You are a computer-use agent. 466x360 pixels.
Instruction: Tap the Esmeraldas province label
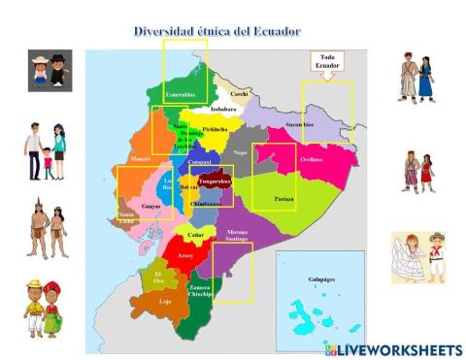[x=180, y=95]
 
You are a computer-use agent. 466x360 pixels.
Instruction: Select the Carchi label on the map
[x=240, y=94]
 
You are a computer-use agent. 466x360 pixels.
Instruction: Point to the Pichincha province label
[x=216, y=129]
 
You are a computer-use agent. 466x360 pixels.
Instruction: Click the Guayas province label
[x=150, y=206]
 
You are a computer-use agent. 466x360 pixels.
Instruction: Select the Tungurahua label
[x=215, y=181]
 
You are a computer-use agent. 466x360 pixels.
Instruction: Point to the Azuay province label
[x=185, y=255]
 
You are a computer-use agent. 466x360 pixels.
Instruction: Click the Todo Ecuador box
[x=327, y=64]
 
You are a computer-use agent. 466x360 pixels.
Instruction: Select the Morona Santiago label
[x=237, y=235]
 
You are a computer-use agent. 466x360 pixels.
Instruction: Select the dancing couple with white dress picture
[x=418, y=257]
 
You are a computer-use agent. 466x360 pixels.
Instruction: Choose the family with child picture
[x=46, y=150]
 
